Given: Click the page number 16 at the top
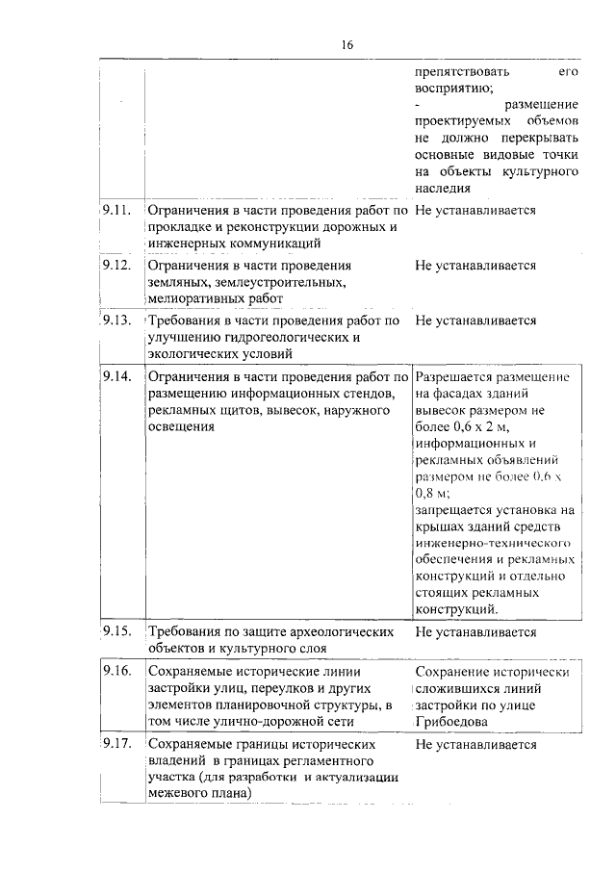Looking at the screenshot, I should click(347, 44).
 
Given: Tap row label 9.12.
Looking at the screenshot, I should click(115, 265).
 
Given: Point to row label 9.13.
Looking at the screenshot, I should click(115, 320).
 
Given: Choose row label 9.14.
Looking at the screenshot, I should click(115, 376).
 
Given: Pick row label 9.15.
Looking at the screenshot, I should click(115, 631).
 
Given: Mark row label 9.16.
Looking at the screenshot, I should click(115, 671).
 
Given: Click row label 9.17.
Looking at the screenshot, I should click(115, 745).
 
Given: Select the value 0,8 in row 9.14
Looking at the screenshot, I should click(426, 492).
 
